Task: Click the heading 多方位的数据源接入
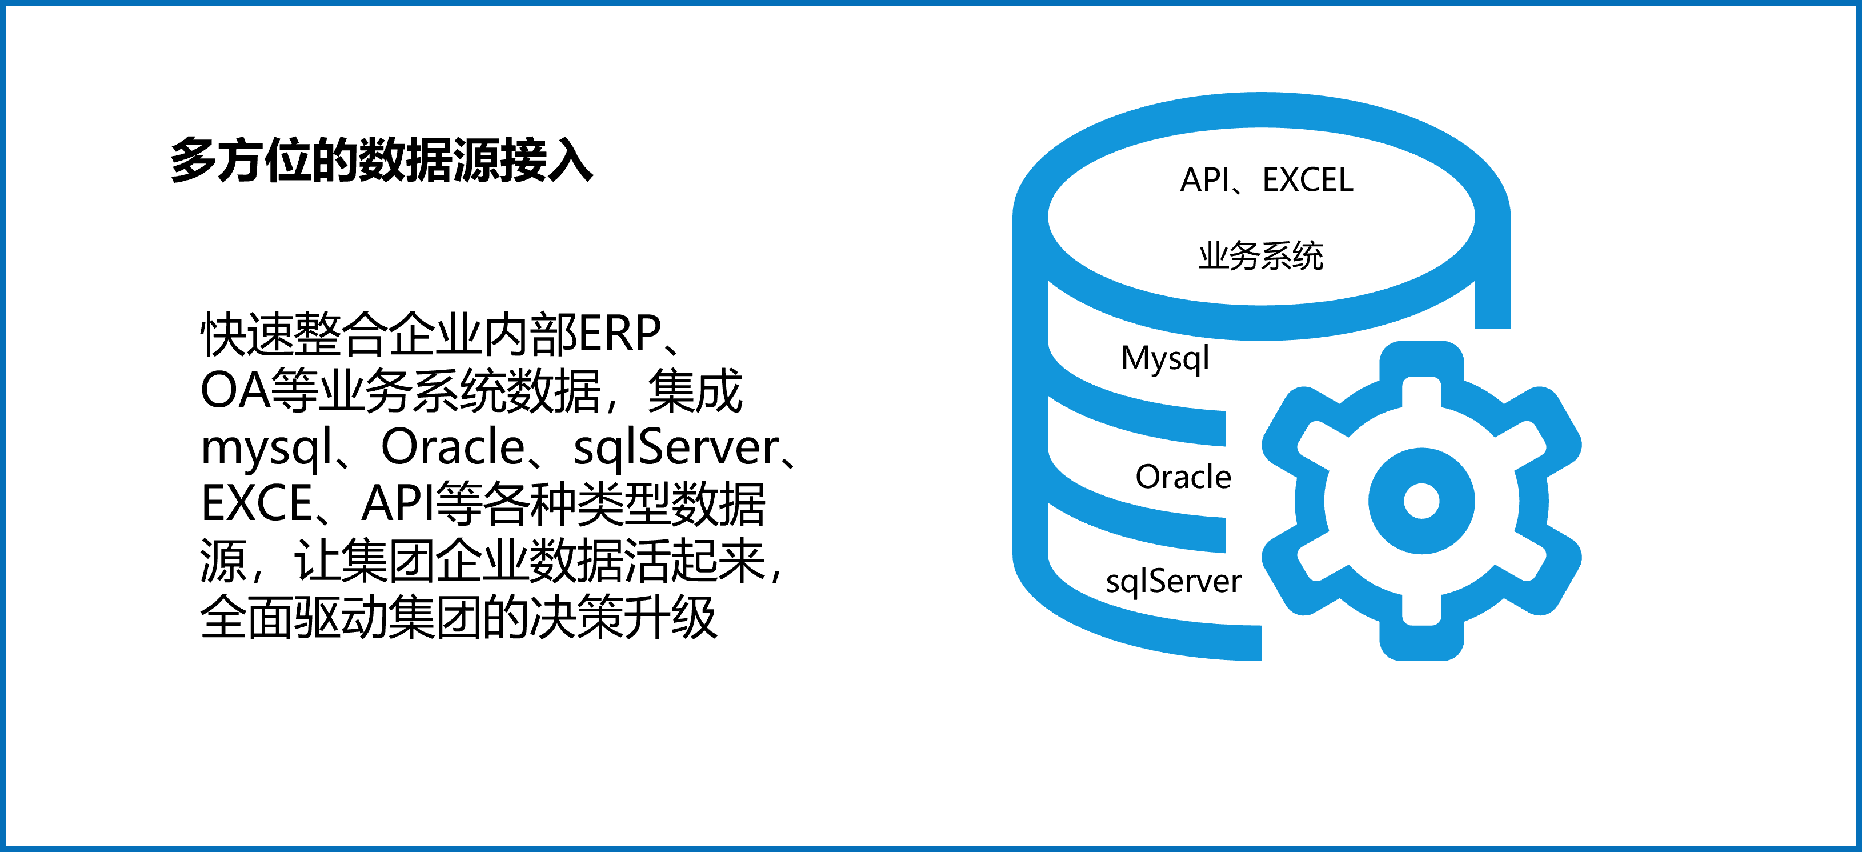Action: pyautogui.click(x=382, y=159)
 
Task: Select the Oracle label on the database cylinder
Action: pyautogui.click(x=1183, y=477)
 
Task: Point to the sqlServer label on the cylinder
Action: pyautogui.click(x=1173, y=582)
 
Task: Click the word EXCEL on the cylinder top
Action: pyautogui.click(x=1308, y=180)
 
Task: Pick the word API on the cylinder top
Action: pyautogui.click(x=1204, y=180)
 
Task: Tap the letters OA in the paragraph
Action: pyautogui.click(x=235, y=391)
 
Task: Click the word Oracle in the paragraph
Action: pyautogui.click(x=453, y=447)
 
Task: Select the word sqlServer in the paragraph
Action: pyautogui.click(x=676, y=449)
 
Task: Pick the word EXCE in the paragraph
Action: pyautogui.click(x=257, y=503)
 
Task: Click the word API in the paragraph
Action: pyautogui.click(x=398, y=503)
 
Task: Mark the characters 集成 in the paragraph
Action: pyautogui.click(x=695, y=391)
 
